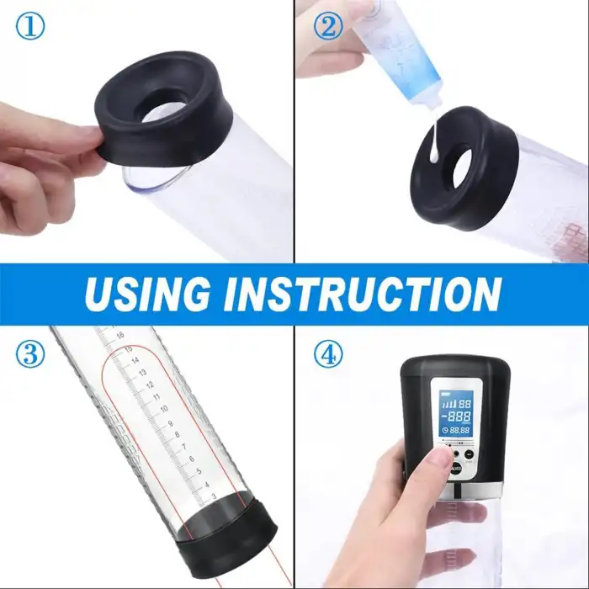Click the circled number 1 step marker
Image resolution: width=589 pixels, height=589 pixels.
tap(29, 29)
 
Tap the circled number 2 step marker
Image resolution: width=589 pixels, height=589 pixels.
tap(327, 27)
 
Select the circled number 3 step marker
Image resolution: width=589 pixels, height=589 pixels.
tap(29, 354)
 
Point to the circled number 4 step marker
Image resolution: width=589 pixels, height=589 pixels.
tap(327, 354)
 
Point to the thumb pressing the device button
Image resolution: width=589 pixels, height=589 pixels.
tap(438, 458)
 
